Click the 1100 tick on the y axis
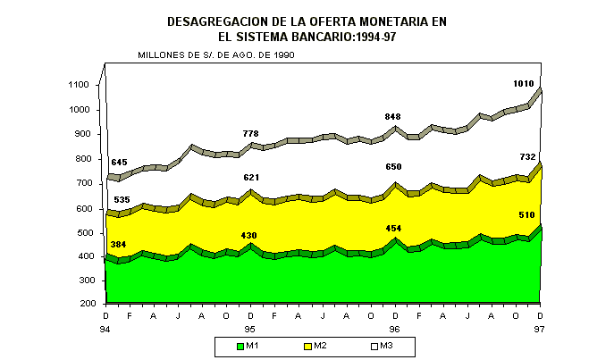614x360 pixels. click(79, 85)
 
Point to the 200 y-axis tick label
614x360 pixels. click(81, 305)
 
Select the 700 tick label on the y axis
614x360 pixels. click(81, 182)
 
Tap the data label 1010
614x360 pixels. click(524, 84)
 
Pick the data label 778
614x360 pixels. click(250, 134)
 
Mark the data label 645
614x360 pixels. click(120, 162)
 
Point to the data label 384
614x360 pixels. click(120, 244)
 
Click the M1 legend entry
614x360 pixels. click(248, 345)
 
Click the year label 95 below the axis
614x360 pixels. click(250, 328)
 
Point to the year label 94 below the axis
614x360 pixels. click(105, 328)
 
